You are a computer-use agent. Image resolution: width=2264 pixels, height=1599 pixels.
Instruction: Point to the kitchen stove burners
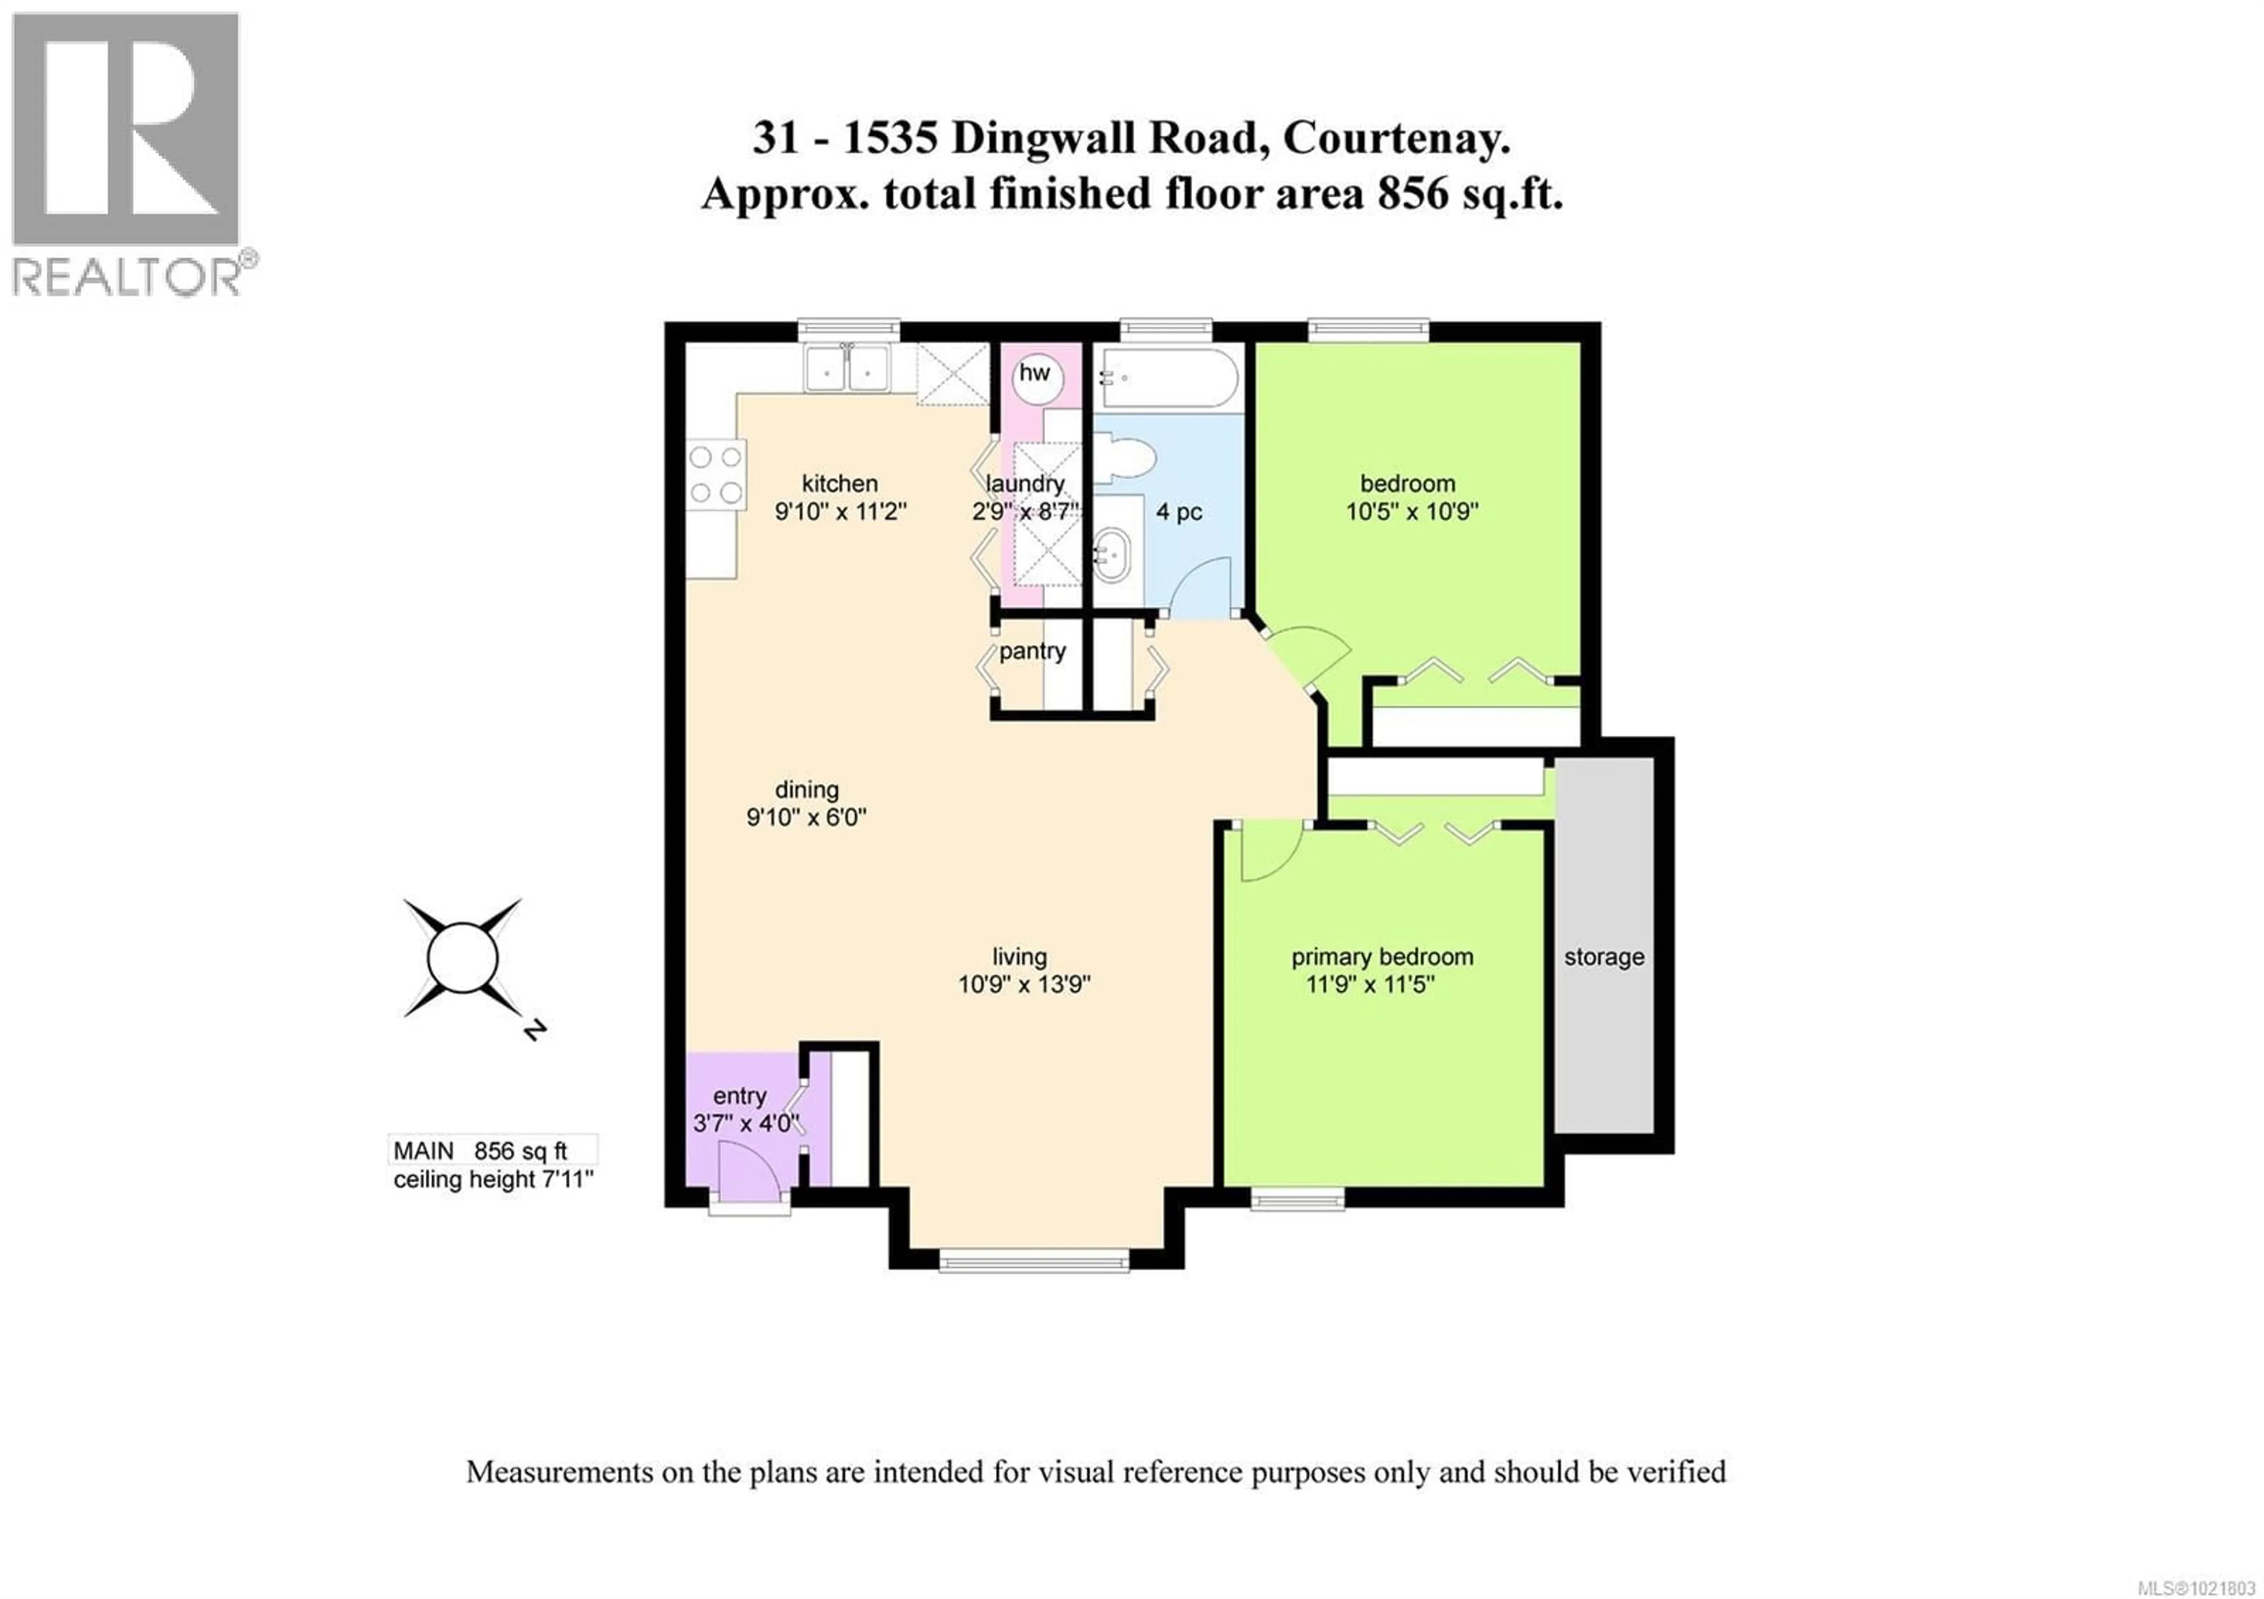[716, 474]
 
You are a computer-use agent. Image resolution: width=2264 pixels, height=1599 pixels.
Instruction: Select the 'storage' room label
[1603, 956]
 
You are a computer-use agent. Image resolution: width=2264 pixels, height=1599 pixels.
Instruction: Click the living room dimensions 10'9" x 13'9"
[1024, 984]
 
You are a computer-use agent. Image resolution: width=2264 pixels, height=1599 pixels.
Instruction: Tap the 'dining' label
[807, 789]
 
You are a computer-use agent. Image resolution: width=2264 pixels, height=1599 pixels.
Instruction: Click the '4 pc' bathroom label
[1179, 512]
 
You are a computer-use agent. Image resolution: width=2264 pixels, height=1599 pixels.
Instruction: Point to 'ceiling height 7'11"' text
[493, 1180]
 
